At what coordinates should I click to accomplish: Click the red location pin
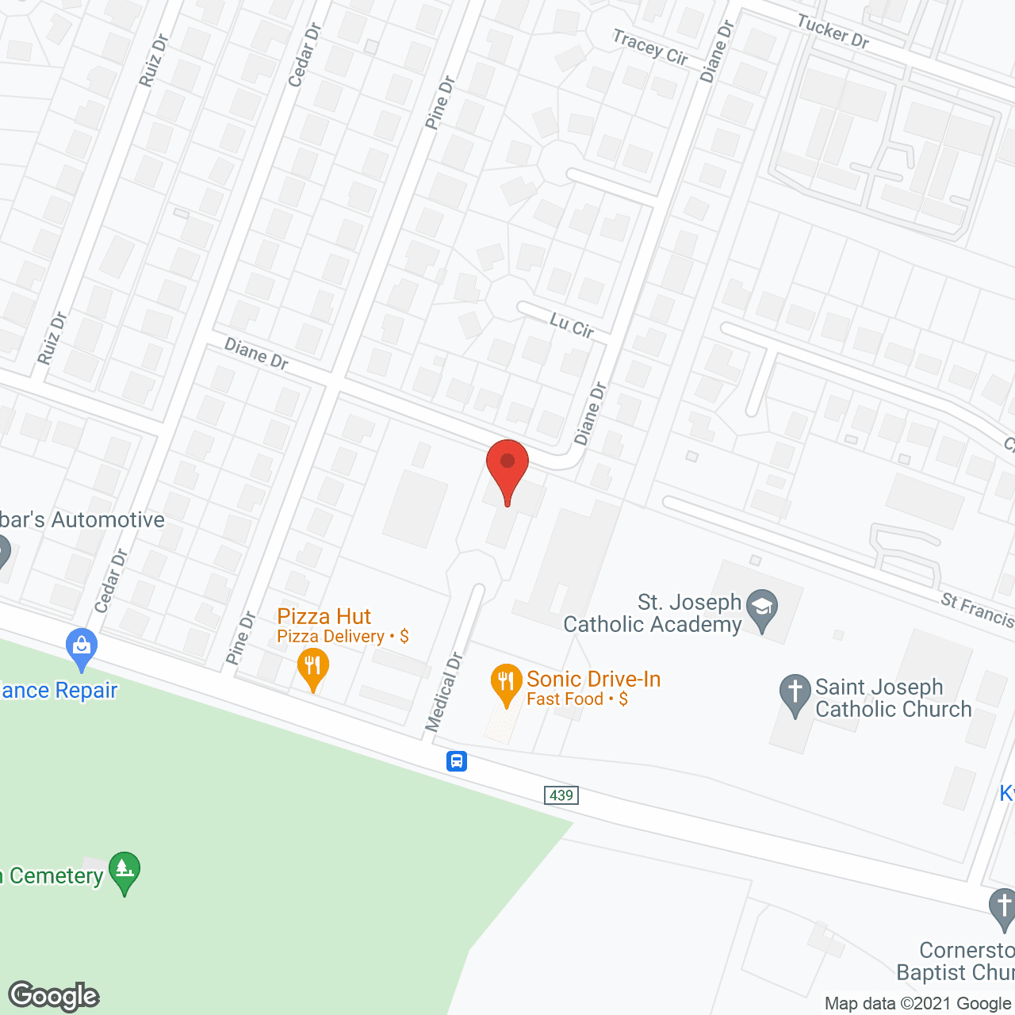point(507,468)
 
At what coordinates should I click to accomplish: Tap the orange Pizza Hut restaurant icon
point(313,668)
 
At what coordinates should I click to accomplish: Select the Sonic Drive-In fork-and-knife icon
point(506,683)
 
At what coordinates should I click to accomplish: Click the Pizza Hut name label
point(324,616)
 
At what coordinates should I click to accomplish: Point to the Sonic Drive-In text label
point(593,680)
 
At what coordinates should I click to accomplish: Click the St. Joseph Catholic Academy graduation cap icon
point(762,608)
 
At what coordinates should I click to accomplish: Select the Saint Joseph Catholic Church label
point(893,698)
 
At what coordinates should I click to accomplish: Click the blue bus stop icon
point(457,761)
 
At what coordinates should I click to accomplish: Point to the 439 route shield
point(561,795)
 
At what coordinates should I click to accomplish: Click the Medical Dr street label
point(443,692)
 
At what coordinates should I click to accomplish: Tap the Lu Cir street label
point(572,325)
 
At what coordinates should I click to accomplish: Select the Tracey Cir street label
point(650,47)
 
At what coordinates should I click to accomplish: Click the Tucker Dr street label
point(833,33)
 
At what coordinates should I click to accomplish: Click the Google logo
point(54,996)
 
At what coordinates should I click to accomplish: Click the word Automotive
point(108,520)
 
